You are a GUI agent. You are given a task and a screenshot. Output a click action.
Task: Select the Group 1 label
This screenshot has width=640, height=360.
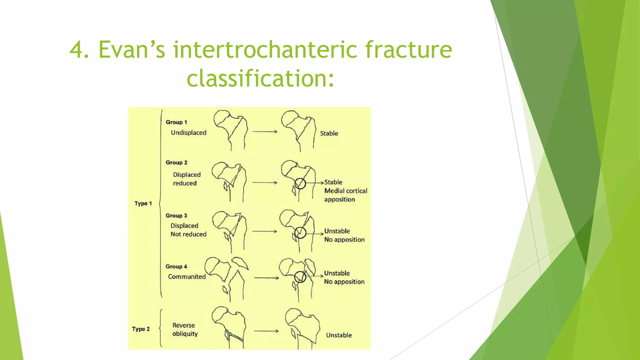tap(176, 122)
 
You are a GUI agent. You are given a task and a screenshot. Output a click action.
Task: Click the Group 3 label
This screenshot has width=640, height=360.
tap(176, 216)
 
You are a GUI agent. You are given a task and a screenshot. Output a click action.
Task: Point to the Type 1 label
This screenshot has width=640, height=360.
tap(143, 203)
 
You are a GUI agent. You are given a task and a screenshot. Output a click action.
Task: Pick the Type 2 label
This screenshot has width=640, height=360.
tap(141, 329)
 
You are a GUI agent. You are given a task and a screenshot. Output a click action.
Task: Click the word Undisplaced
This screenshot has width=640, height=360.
tap(188, 133)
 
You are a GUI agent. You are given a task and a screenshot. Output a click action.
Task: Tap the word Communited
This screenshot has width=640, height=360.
tap(187, 277)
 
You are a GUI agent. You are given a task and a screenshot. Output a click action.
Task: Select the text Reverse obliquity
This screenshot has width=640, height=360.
tap(185, 330)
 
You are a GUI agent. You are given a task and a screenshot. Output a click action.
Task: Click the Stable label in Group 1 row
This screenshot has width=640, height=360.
tap(329, 133)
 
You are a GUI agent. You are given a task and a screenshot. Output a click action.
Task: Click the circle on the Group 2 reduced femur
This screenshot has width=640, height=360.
tap(300, 183)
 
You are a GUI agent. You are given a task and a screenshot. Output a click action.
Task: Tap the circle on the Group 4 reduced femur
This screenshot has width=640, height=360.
tap(300, 277)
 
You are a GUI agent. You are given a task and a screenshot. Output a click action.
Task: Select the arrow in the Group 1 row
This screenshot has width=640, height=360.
tap(265, 132)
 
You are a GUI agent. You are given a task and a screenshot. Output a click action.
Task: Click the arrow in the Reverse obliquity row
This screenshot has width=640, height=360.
tap(266, 331)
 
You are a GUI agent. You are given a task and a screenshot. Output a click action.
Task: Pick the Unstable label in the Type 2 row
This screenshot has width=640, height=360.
tap(339, 335)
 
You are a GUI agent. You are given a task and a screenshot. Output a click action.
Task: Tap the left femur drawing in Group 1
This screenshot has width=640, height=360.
tap(231, 130)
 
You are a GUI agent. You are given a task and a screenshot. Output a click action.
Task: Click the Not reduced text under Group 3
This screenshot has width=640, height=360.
tap(188, 234)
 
